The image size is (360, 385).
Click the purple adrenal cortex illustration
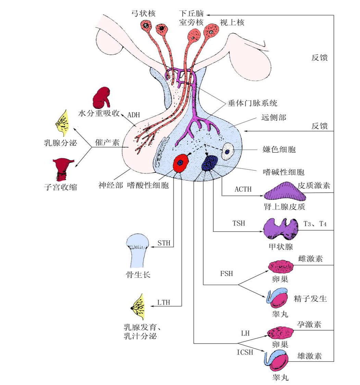(x=285, y=195)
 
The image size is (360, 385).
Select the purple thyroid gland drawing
(x=281, y=230)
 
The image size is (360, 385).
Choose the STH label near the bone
(x=164, y=243)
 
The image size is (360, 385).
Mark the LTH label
(x=164, y=302)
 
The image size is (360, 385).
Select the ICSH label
(x=245, y=352)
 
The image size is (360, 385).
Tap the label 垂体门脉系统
(x=252, y=103)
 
